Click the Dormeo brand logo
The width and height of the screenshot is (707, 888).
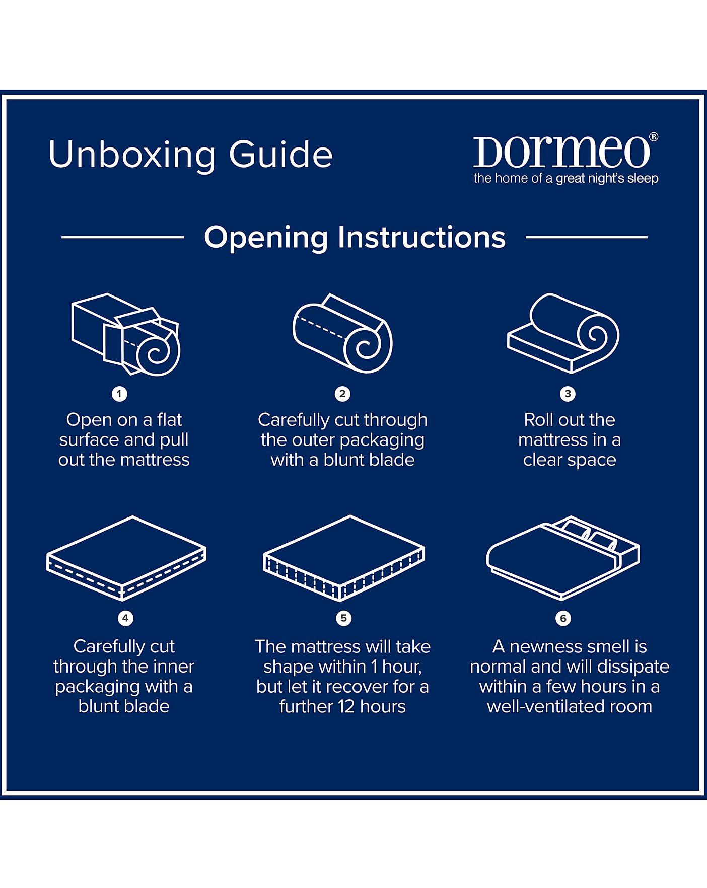pos(561,152)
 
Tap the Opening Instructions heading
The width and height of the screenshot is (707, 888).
pos(355,237)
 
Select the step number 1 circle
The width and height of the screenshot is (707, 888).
pos(119,394)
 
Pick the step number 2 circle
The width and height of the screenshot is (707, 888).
pos(342,394)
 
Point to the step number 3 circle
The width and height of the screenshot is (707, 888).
pos(568,394)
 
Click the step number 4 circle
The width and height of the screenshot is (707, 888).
pos(125,618)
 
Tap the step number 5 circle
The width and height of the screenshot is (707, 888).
pos(344,618)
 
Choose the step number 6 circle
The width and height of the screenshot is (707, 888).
pos(563,618)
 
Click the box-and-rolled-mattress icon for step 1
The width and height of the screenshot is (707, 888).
pos(126,334)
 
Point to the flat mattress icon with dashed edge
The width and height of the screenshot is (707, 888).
pos(126,558)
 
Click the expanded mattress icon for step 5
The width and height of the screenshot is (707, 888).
pos(344,558)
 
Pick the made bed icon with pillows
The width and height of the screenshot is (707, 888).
pos(563,558)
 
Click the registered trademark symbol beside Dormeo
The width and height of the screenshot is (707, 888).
pos(654,136)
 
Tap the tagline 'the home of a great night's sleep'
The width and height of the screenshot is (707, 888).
pos(565,179)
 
